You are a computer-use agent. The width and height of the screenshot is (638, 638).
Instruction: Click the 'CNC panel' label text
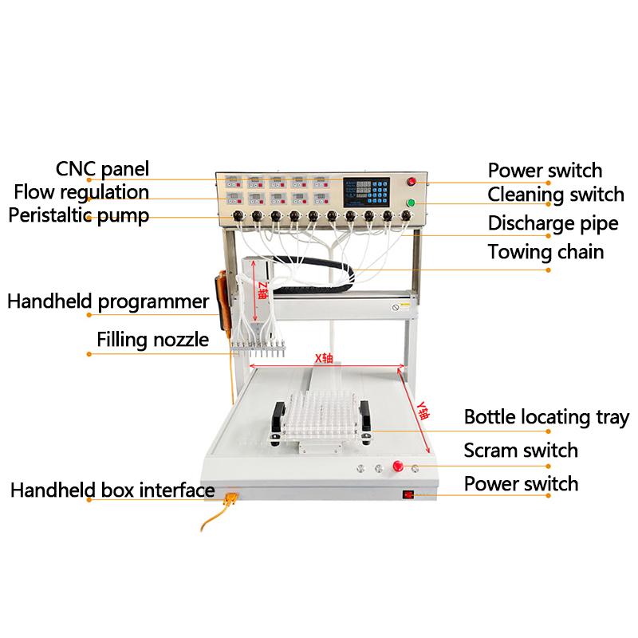102,169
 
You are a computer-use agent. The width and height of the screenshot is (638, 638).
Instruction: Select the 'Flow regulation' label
81,192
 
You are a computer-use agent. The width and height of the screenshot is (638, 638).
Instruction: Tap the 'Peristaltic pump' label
79,215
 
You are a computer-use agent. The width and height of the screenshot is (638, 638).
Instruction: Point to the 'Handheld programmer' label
108,302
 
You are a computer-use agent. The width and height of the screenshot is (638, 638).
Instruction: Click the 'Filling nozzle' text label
153,340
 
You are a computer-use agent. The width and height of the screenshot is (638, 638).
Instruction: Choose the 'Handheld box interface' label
112,490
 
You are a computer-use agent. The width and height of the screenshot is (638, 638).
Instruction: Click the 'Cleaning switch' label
556,195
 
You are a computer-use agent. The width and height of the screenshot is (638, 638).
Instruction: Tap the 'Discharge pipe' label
553,224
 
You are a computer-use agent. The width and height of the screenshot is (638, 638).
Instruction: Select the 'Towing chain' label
545,252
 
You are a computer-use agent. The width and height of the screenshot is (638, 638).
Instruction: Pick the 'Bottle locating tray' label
546,417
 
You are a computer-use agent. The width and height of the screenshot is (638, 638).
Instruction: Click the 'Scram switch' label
521,451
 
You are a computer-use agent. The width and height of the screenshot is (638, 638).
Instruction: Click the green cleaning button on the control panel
411,203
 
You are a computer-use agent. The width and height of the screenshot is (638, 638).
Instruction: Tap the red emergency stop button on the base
398,466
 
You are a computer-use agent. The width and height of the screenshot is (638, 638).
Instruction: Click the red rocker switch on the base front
408,494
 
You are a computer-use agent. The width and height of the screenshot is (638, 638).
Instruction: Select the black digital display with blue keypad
366,192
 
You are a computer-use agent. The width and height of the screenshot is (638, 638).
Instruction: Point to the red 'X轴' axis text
324,358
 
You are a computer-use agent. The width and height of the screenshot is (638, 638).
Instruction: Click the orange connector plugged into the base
230,498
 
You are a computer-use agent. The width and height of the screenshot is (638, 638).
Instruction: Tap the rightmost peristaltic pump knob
406,215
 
